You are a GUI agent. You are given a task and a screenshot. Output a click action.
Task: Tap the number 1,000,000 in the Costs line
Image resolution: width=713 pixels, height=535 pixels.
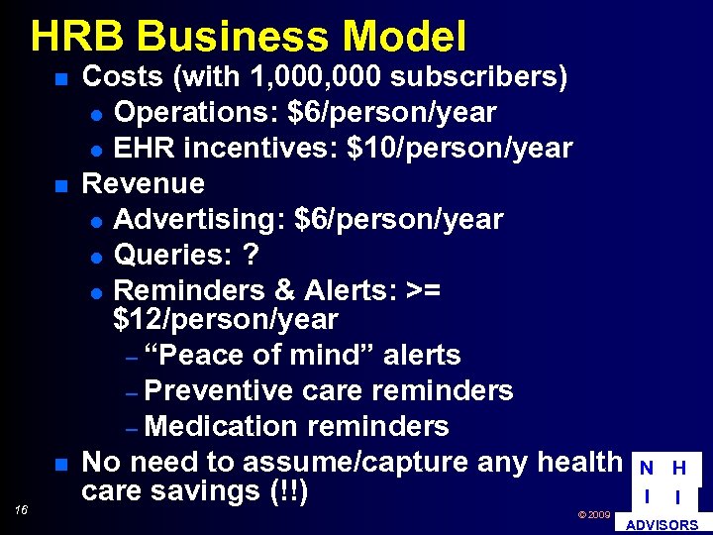pos(318,77)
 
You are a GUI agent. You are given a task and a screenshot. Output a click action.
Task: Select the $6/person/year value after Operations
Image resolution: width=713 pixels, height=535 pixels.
pos(392,113)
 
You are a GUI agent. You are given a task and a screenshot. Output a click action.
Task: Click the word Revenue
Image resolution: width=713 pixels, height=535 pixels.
pos(143,184)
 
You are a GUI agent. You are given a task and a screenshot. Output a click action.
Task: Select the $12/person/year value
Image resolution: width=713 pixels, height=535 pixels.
pos(226,320)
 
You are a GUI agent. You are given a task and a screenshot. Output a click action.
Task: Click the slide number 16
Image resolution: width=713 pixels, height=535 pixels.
pos(22,510)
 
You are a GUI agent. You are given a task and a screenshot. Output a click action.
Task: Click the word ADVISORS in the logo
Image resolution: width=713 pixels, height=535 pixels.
pos(663,525)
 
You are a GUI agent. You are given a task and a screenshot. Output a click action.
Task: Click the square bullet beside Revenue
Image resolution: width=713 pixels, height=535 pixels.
pos(60,186)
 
